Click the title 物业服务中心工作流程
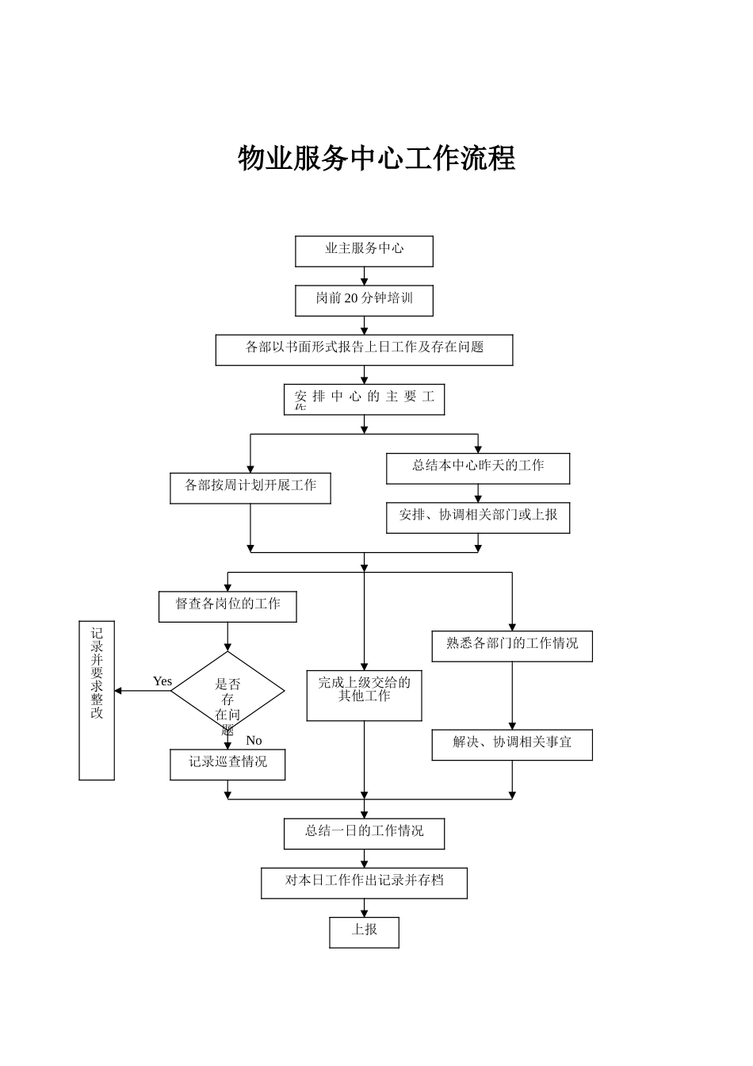(x=376, y=159)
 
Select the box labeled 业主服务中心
(x=364, y=251)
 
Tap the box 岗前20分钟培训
(x=364, y=300)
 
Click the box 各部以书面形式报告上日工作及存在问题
(x=364, y=349)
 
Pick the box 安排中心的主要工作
(x=364, y=399)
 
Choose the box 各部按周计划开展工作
(x=250, y=488)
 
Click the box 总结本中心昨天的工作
(x=477, y=468)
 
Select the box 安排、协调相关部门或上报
(x=477, y=517)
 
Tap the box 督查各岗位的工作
(x=227, y=606)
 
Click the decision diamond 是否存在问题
(x=227, y=692)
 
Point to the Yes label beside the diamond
(x=162, y=681)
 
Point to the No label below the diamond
(x=254, y=740)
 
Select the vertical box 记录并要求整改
(x=97, y=700)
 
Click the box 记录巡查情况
(x=227, y=764)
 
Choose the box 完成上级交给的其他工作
(x=364, y=695)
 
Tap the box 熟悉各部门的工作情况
(x=511, y=646)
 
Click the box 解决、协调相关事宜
(x=511, y=744)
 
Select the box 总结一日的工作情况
(x=364, y=833)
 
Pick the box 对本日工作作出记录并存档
(x=364, y=882)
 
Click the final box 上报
(x=364, y=932)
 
